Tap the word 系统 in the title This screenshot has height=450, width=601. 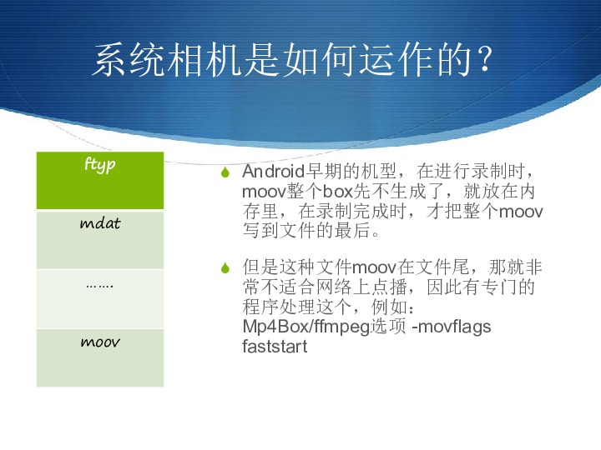129,59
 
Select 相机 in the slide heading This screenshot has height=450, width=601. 206,59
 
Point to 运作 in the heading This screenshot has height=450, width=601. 397,59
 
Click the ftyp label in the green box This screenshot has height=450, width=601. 99,164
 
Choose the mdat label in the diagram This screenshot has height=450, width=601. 100,222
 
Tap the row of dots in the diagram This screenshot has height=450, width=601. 99,286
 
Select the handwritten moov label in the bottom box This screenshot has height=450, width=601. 100,342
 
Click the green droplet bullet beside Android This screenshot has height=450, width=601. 225,172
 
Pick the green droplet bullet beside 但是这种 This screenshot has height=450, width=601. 225,267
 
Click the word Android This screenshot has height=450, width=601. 273,172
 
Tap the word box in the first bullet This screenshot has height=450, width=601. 338,191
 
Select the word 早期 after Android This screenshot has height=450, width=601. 324,172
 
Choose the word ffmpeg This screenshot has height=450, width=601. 342,327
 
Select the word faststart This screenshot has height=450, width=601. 275,347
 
